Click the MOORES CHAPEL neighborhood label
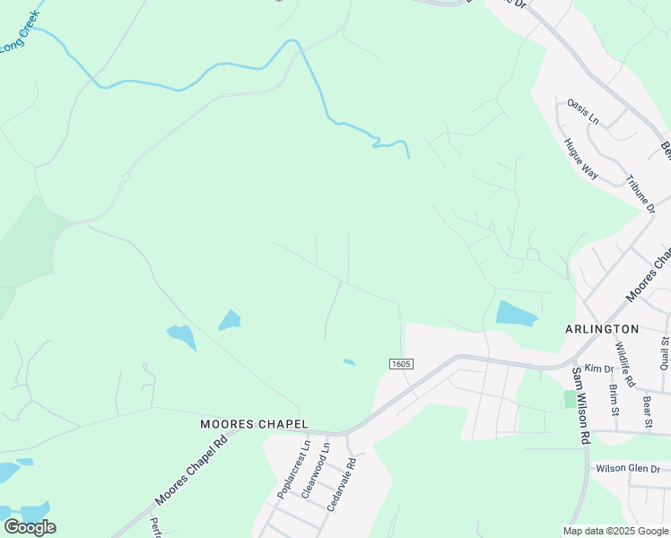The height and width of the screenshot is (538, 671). pos(254,423)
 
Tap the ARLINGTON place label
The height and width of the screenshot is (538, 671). pos(602,329)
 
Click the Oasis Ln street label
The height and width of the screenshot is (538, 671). pos(582,112)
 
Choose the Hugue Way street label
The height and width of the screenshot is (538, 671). pos(580,159)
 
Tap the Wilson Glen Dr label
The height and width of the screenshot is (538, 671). pos(628,469)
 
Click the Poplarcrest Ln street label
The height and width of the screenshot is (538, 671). pos(293,469)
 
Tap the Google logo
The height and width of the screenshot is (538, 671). pos(30,526)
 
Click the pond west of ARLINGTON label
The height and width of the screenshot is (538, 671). pos(516,313)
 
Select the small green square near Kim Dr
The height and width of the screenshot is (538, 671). pos(570,398)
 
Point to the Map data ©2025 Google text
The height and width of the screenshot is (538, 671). pos(616,531)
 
